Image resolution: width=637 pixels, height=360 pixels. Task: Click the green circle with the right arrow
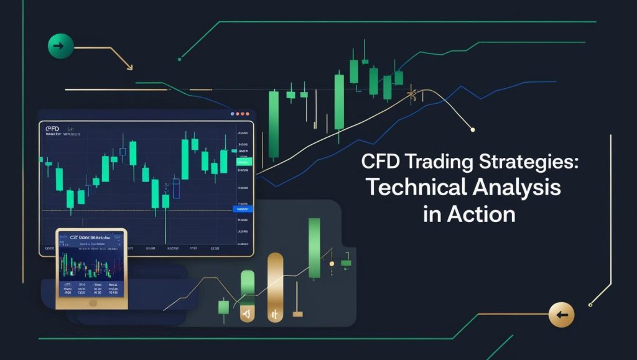click(x=60, y=46)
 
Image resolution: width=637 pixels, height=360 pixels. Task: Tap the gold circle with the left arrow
click(x=561, y=315)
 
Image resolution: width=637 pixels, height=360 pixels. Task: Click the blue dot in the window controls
click(x=233, y=114)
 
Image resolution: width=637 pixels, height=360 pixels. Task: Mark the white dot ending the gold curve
click(x=472, y=129)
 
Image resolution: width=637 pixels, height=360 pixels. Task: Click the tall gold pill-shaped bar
click(x=274, y=287)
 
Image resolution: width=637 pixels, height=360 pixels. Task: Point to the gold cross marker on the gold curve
click(x=411, y=95)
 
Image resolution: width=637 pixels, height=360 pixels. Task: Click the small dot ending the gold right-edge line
click(x=590, y=304)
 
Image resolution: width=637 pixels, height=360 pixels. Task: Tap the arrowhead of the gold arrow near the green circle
click(x=129, y=67)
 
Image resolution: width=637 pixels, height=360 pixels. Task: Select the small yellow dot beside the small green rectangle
click(x=332, y=264)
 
